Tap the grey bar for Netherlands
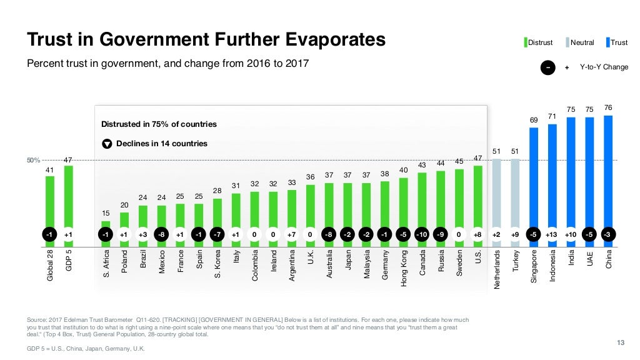[x=497, y=194]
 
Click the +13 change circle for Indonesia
[x=552, y=234]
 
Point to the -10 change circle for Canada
[x=422, y=234]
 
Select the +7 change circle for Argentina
[x=292, y=234]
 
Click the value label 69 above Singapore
[x=534, y=119]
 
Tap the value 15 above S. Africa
[x=106, y=214]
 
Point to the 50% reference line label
[x=33, y=161]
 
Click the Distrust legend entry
[x=540, y=42]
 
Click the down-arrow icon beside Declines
[x=107, y=144]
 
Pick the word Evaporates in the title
[x=327, y=39]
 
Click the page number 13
[x=621, y=341]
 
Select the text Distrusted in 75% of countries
[x=159, y=124]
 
